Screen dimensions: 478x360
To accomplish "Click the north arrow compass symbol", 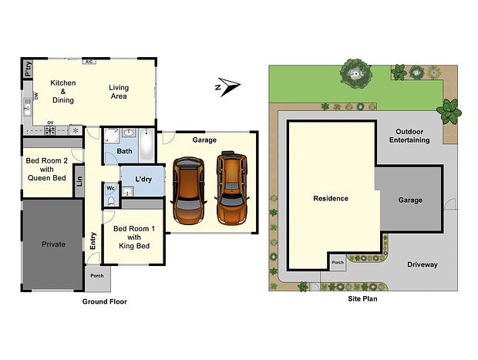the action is [227, 86].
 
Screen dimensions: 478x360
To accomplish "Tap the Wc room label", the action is [110, 188].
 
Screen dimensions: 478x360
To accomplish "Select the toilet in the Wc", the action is [111, 200].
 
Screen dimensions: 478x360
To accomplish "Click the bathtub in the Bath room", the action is [147, 145].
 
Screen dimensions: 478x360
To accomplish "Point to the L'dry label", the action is [143, 180].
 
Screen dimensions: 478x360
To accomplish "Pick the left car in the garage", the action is [188, 191].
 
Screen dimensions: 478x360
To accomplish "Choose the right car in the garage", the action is [232, 188].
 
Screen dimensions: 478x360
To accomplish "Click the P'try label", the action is [28, 69].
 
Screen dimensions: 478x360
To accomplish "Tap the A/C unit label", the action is [89, 62].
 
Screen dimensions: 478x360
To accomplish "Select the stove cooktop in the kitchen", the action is [50, 130].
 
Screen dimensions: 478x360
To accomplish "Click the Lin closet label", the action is [79, 180].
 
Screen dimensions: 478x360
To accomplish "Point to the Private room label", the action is [53, 244].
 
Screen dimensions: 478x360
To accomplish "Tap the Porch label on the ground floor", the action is [97, 275].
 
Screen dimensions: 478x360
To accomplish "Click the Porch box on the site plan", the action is [338, 262].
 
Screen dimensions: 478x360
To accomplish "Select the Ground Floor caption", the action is [105, 301].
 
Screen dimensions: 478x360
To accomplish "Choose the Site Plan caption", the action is [363, 299].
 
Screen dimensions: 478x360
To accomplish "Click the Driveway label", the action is [422, 264].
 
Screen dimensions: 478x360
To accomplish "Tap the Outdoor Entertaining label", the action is [409, 136].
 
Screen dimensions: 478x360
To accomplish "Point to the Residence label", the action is [331, 198].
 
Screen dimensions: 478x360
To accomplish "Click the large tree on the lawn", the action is [355, 74].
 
